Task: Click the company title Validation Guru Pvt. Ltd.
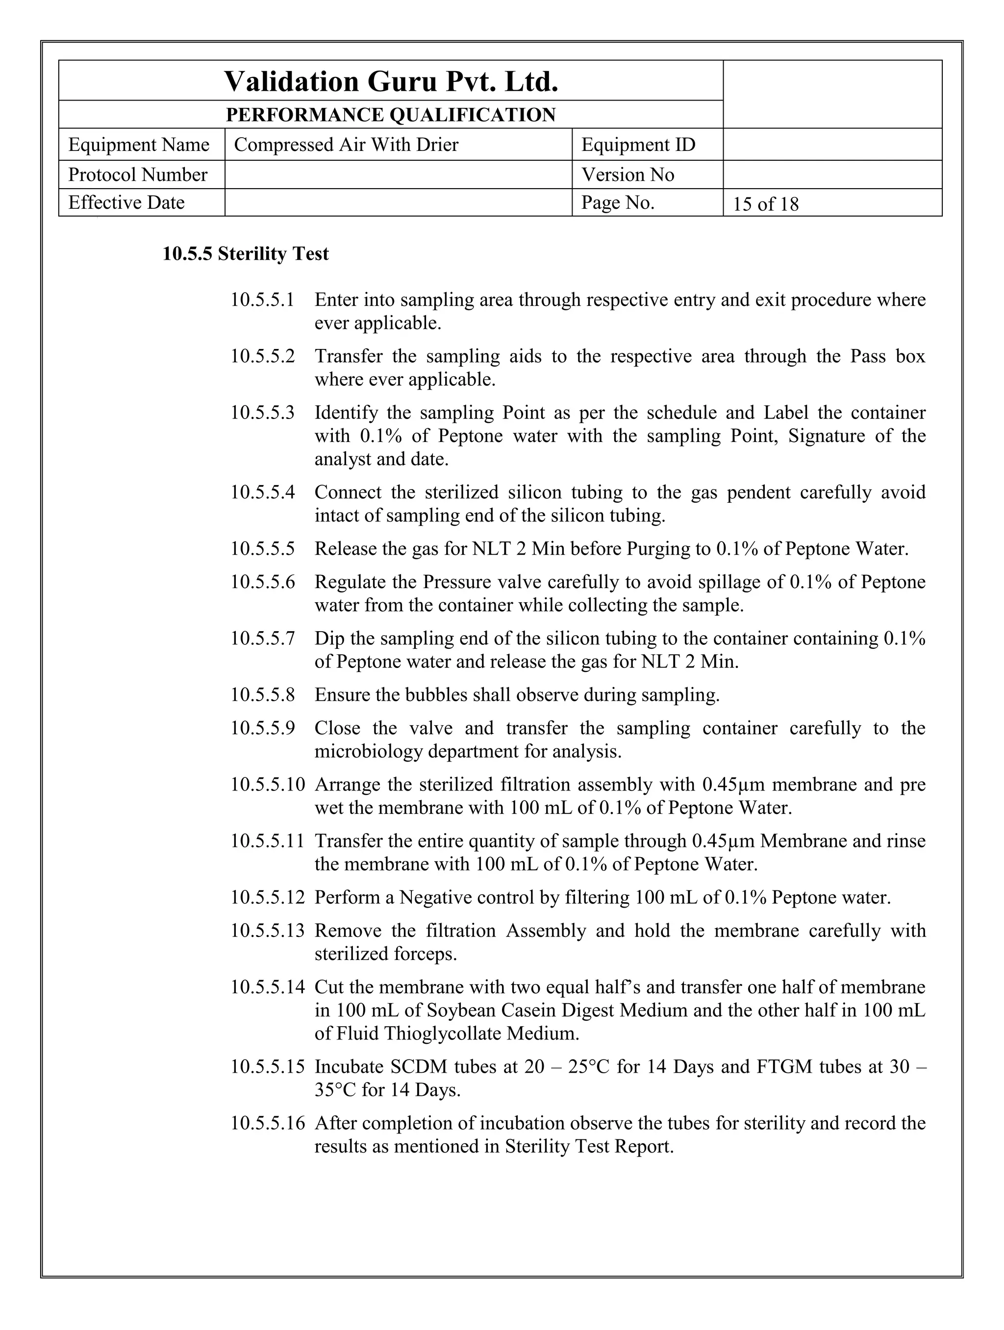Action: [391, 81]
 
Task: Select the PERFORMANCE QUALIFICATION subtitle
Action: [391, 115]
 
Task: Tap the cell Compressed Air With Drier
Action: [346, 145]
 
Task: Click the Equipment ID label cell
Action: [638, 145]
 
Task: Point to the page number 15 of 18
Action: [765, 204]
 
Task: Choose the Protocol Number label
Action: [138, 174]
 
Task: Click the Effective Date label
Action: [126, 202]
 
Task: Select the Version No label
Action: [627, 174]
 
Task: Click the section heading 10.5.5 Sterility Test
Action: [246, 254]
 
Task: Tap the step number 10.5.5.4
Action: [263, 493]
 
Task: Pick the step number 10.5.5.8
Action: [263, 695]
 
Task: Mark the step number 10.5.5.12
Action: [268, 898]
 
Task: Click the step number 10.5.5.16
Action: [268, 1123]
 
